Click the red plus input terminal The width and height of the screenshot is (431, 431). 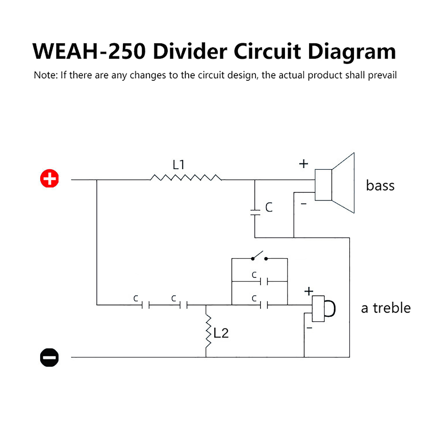point(49,178)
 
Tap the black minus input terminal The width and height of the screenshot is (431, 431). point(49,357)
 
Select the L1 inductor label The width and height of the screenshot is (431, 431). point(178,165)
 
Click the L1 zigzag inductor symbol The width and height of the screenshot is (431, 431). point(186,178)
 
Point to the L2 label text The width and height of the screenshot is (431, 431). point(221,333)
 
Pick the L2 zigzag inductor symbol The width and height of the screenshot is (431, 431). point(208,332)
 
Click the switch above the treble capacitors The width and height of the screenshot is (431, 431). point(259,256)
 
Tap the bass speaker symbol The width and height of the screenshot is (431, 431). point(335,183)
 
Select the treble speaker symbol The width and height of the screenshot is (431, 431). point(324,309)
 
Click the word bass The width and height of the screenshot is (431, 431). point(380,185)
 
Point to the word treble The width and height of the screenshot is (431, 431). point(392,308)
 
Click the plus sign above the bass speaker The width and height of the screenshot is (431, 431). point(304,164)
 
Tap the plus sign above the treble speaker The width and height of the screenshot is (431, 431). point(309,291)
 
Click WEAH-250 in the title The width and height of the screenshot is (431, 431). point(89,51)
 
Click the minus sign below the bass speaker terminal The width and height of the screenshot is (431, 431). point(304,204)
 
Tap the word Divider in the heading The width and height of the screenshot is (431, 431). point(190,51)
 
